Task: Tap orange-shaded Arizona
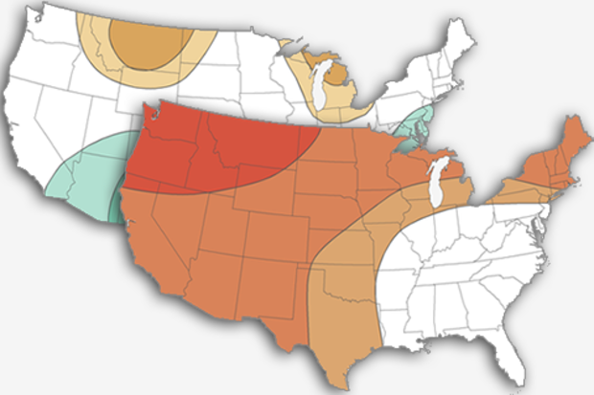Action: (206, 277)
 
